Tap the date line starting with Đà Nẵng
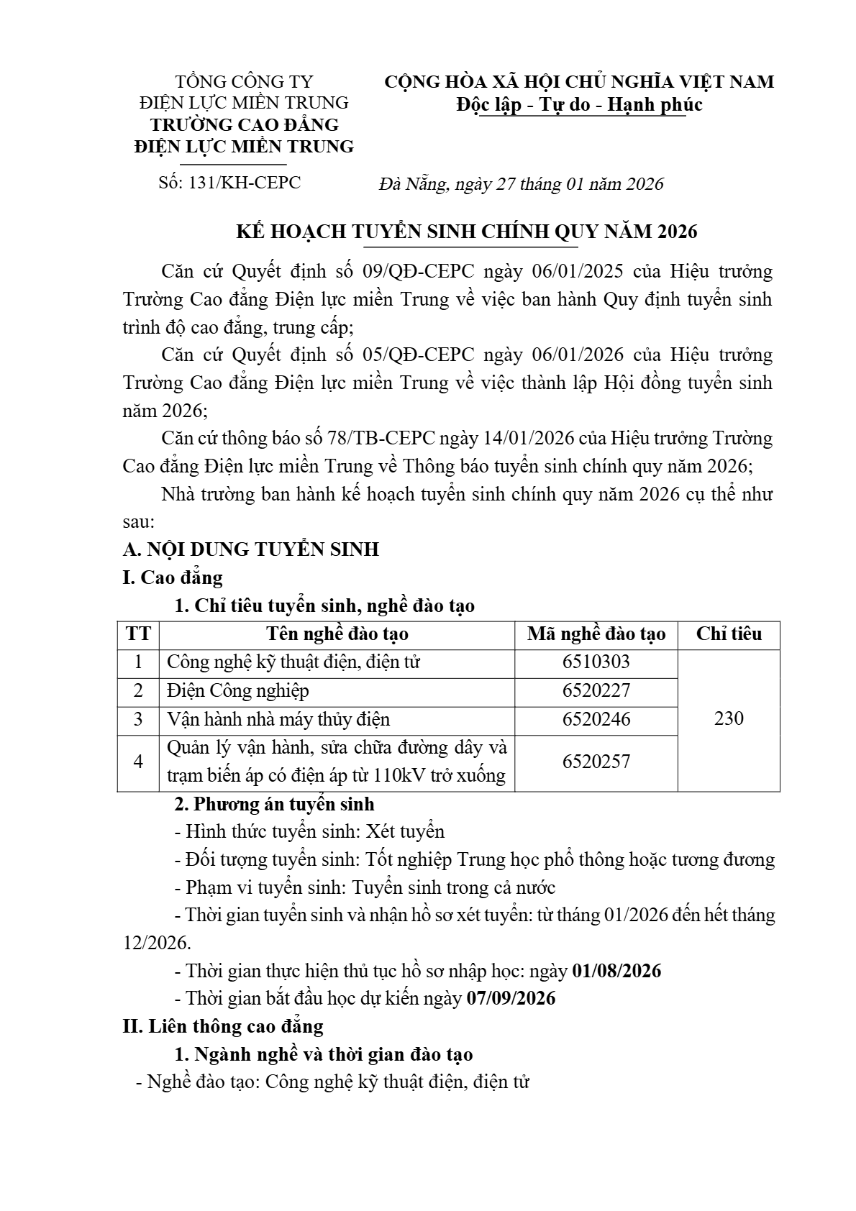click(x=521, y=184)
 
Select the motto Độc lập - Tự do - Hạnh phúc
click(x=579, y=105)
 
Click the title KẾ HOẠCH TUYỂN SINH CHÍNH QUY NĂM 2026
click(x=468, y=232)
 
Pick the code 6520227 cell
click(x=596, y=691)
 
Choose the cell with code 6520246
click(x=596, y=719)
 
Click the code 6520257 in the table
click(x=596, y=762)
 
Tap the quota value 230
click(x=729, y=718)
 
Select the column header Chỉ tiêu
click(x=729, y=634)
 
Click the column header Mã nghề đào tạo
click(x=596, y=634)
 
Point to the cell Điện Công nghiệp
click(x=238, y=691)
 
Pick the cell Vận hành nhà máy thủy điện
click(x=278, y=719)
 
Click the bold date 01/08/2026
click(x=616, y=971)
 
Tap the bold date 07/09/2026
click(x=511, y=999)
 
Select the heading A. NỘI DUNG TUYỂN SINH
click(x=251, y=550)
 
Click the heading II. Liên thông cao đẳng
click(x=224, y=1026)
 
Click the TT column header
click(x=138, y=634)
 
